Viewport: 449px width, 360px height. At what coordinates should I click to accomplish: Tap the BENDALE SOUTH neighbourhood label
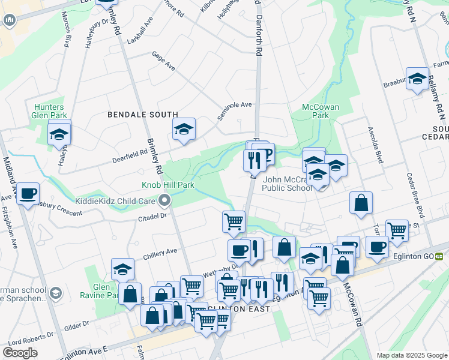coord(143,114)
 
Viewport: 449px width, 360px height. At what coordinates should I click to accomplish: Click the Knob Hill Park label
coord(167,185)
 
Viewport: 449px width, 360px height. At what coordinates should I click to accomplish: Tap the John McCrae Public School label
coord(288,183)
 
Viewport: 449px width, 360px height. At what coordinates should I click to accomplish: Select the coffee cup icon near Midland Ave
coord(28,193)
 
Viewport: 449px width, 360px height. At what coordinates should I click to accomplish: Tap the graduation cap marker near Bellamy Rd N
coord(417,79)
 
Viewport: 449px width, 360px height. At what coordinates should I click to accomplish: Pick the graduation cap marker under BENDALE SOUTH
coord(184,128)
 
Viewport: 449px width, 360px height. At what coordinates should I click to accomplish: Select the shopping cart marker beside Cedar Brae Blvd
coord(397,230)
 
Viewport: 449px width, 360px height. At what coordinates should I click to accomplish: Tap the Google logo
coord(20,353)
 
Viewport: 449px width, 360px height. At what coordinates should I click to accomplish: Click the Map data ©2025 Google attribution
coord(411,355)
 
